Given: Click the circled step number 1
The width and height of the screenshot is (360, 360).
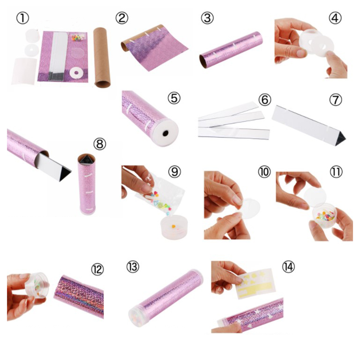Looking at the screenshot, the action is tap(22, 18).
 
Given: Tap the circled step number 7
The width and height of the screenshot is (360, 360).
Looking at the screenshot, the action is tap(335, 99).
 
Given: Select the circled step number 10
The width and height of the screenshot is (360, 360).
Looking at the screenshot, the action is tap(265, 171).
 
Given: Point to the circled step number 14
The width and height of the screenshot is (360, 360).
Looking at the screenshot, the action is tap(288, 267).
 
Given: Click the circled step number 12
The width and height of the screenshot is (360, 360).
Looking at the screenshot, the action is tap(97, 269).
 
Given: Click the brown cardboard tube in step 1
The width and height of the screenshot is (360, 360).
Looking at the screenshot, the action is tap(102, 58).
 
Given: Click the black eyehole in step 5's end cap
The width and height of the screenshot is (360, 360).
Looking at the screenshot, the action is tap(165, 133).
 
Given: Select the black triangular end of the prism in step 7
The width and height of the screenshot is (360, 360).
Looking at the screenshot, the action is tap(340, 139).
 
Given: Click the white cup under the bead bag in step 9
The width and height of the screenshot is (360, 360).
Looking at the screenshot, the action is tap(174, 227).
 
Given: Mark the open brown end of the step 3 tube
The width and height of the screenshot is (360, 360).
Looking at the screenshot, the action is tap(203, 61).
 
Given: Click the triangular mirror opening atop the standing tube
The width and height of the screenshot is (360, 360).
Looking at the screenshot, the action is tap(86, 159).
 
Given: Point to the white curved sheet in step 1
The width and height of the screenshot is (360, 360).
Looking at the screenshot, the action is tap(24, 71).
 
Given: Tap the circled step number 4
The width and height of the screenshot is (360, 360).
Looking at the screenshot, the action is tap(335, 18).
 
